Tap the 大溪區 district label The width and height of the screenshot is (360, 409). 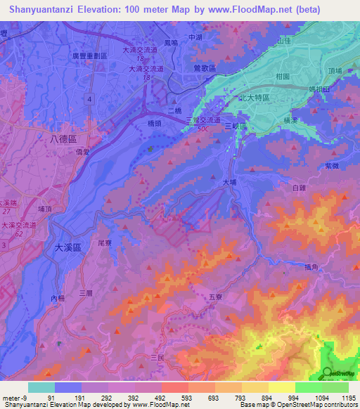(x=68, y=248)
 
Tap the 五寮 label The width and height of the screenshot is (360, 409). (x=215, y=297)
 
